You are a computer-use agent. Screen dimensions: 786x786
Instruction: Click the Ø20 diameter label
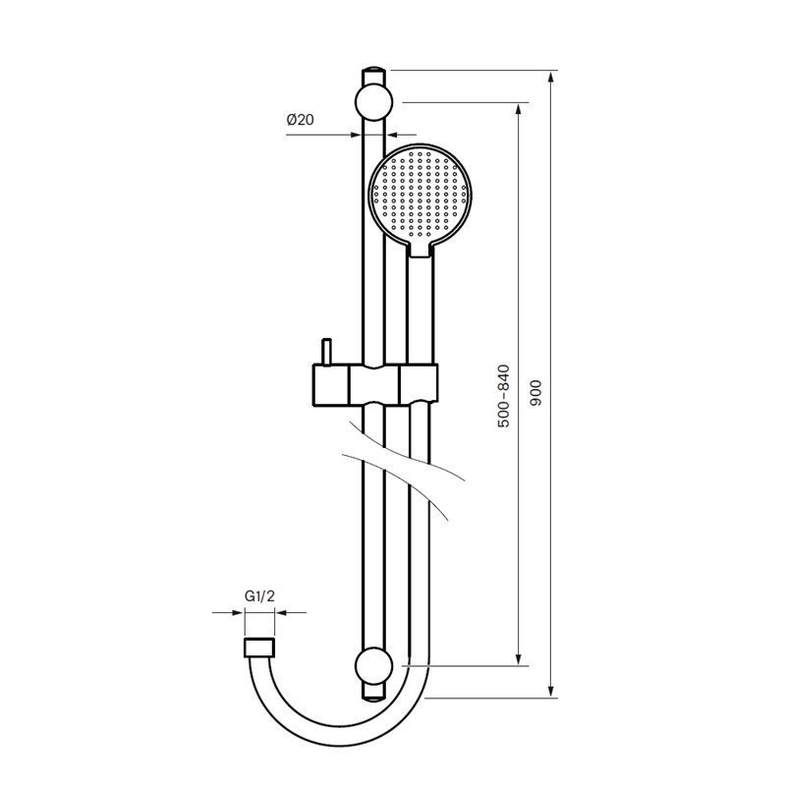pos(301,120)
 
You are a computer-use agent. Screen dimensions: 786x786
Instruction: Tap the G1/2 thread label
pos(259,596)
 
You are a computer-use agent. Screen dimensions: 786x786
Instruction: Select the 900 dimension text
pos(535,393)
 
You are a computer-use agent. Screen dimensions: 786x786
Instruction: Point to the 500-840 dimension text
pos(503,396)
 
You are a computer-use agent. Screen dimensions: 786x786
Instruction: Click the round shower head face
pos(421,193)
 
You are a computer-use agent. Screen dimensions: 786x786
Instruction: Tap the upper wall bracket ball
pos(373,102)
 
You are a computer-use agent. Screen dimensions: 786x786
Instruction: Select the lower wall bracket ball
pos(373,666)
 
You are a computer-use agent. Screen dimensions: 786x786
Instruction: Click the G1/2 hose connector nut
pos(259,647)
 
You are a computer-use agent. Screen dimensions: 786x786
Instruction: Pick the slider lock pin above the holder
pos(326,352)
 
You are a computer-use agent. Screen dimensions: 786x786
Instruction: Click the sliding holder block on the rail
pos(375,384)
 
